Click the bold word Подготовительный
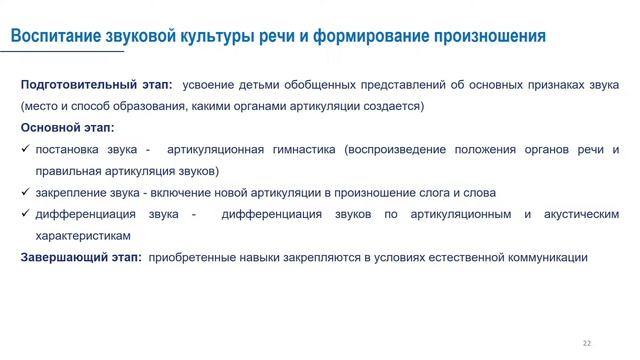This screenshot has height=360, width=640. click(x=72, y=86)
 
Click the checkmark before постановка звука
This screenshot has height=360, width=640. click(x=25, y=150)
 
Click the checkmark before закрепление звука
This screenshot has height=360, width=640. click(x=25, y=193)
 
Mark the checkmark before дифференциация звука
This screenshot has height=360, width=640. click(x=25, y=214)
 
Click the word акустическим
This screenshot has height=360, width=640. click(x=579, y=214)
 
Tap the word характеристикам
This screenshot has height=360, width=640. click(x=82, y=236)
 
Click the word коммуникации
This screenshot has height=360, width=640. click(x=546, y=258)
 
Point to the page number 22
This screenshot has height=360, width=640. click(x=587, y=343)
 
